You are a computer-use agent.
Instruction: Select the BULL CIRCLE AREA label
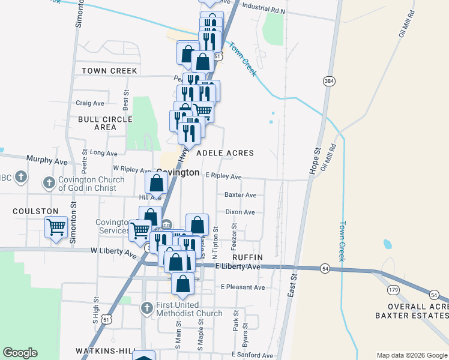[105, 123]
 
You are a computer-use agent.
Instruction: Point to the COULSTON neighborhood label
[35, 211]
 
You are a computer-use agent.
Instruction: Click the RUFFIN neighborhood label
[244, 257]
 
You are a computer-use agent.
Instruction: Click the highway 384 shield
[328, 81]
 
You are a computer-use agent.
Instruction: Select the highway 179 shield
[394, 290]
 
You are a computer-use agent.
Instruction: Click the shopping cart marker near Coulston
[56, 227]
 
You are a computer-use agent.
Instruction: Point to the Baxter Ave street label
[240, 195]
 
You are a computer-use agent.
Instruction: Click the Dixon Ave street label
[240, 212]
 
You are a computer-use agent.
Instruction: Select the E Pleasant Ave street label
[243, 287]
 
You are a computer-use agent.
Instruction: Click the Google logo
[20, 353]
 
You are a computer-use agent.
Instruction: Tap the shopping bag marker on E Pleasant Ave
[183, 283]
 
